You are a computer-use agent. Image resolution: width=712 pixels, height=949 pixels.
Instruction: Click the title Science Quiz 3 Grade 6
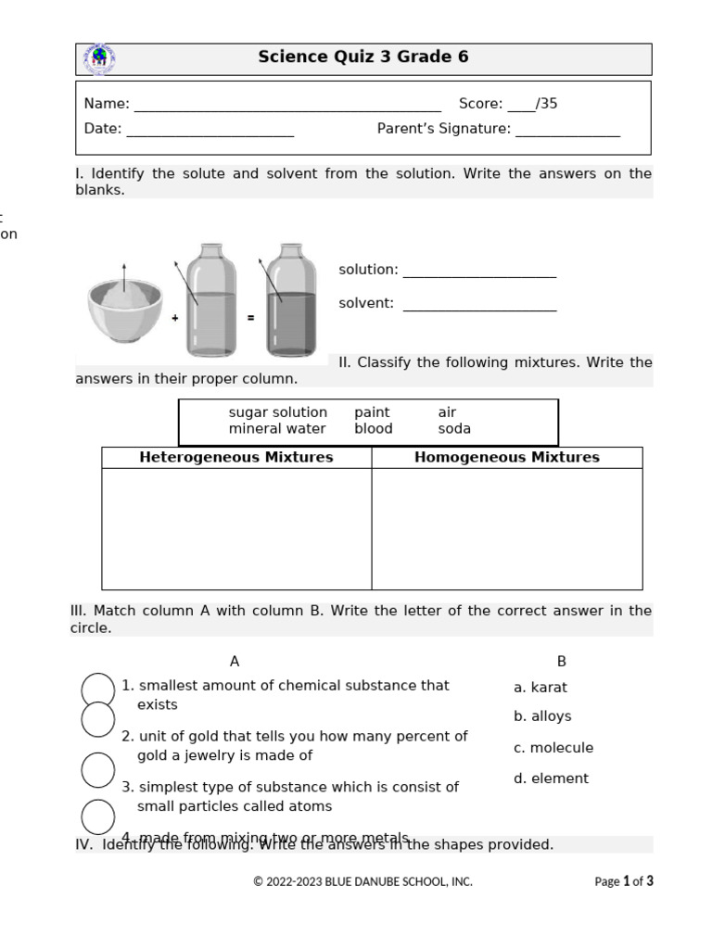[x=362, y=57]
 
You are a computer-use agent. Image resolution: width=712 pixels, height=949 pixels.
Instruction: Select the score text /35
[x=546, y=104]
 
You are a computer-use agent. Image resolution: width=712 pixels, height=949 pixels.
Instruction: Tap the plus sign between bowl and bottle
[x=175, y=318]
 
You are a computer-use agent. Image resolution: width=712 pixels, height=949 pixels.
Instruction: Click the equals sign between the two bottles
[x=250, y=318]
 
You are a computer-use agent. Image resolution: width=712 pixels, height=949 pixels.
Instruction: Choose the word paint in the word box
[x=372, y=412]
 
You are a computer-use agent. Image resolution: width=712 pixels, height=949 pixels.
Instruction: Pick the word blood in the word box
[x=373, y=429]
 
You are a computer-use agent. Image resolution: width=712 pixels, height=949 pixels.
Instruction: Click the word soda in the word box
[x=454, y=429]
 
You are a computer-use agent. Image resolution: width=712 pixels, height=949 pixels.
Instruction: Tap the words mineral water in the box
[x=277, y=429]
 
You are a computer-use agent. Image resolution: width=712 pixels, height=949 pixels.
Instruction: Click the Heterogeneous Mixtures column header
[x=236, y=457]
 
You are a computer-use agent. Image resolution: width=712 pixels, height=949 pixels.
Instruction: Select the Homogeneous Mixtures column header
[x=506, y=457]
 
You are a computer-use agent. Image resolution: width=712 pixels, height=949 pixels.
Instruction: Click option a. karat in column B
[x=540, y=688]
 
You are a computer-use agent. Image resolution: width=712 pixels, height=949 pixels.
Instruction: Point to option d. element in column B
[x=551, y=778]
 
